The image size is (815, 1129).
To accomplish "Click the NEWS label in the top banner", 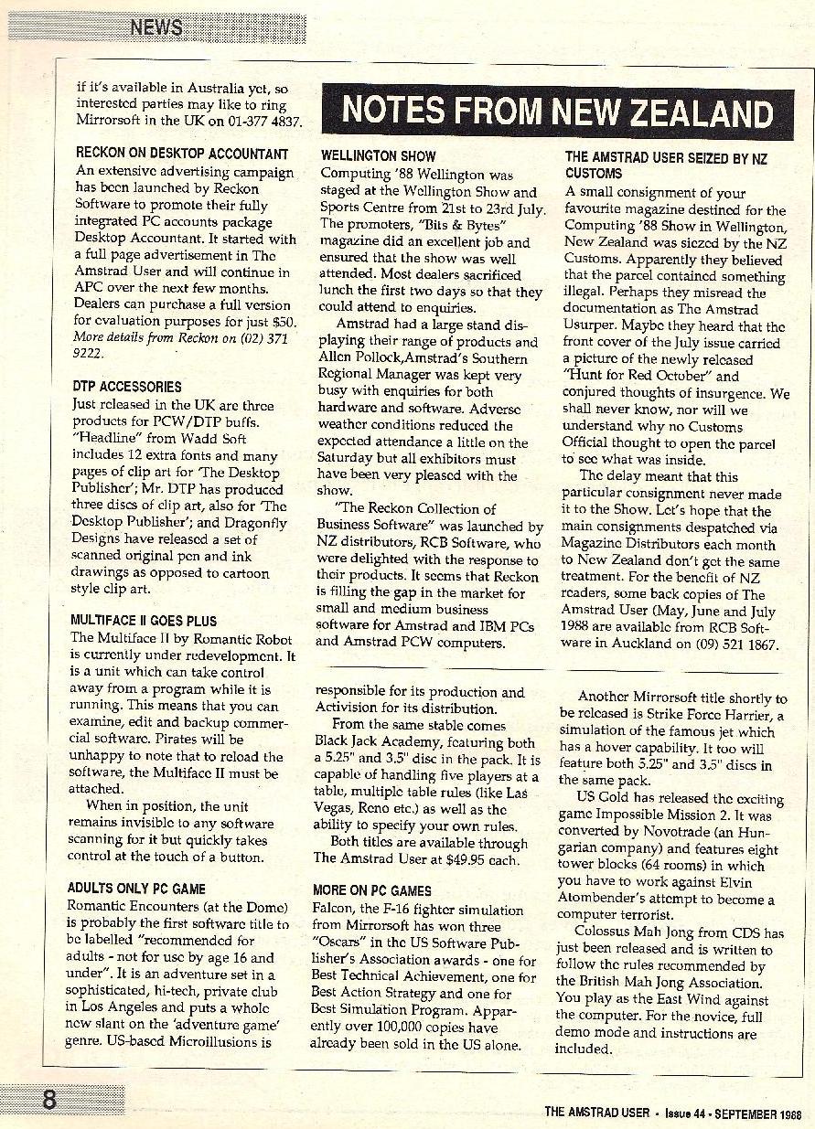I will point(156,27).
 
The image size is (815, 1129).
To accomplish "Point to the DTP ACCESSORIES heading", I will point(126,387).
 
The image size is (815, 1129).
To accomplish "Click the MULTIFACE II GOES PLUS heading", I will point(144,620).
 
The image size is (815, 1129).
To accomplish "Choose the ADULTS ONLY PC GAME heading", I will point(136,888).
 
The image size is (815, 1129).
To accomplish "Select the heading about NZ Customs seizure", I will point(665,165).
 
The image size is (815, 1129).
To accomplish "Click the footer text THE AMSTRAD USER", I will point(595,1112).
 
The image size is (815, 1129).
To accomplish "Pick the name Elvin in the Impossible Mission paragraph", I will point(754,882).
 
